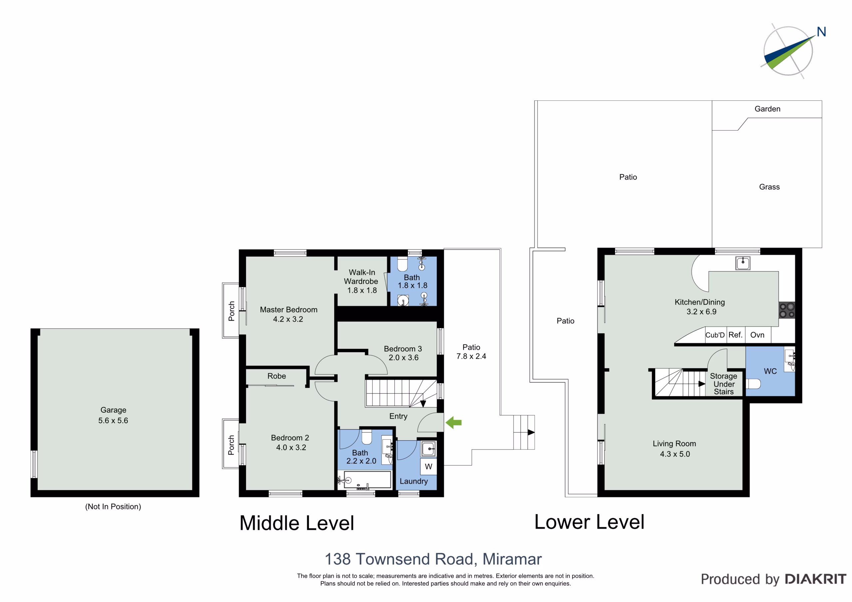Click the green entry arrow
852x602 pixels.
click(454, 422)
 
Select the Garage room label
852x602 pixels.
click(113, 410)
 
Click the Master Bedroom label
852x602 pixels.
click(289, 310)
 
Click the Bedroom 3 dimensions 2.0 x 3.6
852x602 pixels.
click(403, 358)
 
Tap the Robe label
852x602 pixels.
click(277, 376)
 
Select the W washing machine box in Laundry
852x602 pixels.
click(429, 467)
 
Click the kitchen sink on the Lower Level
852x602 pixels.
click(743, 263)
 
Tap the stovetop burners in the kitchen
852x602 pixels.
click(787, 310)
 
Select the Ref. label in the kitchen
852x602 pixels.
click(735, 335)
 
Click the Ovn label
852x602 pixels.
click(757, 335)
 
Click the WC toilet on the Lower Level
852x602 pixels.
click(753, 383)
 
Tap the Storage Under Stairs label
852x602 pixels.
click(724, 384)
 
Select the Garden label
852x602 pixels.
click(767, 109)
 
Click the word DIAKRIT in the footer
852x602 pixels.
click(816, 579)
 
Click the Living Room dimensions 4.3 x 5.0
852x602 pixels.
click(675, 454)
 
